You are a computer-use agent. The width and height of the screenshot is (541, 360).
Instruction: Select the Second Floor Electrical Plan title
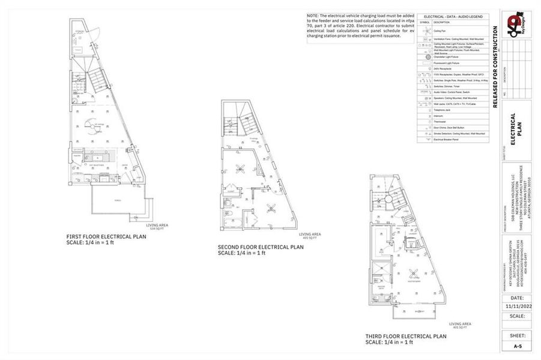260,247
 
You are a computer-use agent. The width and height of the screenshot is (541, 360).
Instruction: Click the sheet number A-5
517,346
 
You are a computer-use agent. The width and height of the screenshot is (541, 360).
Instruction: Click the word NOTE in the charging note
312,16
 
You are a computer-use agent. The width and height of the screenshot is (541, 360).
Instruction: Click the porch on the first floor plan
118,201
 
